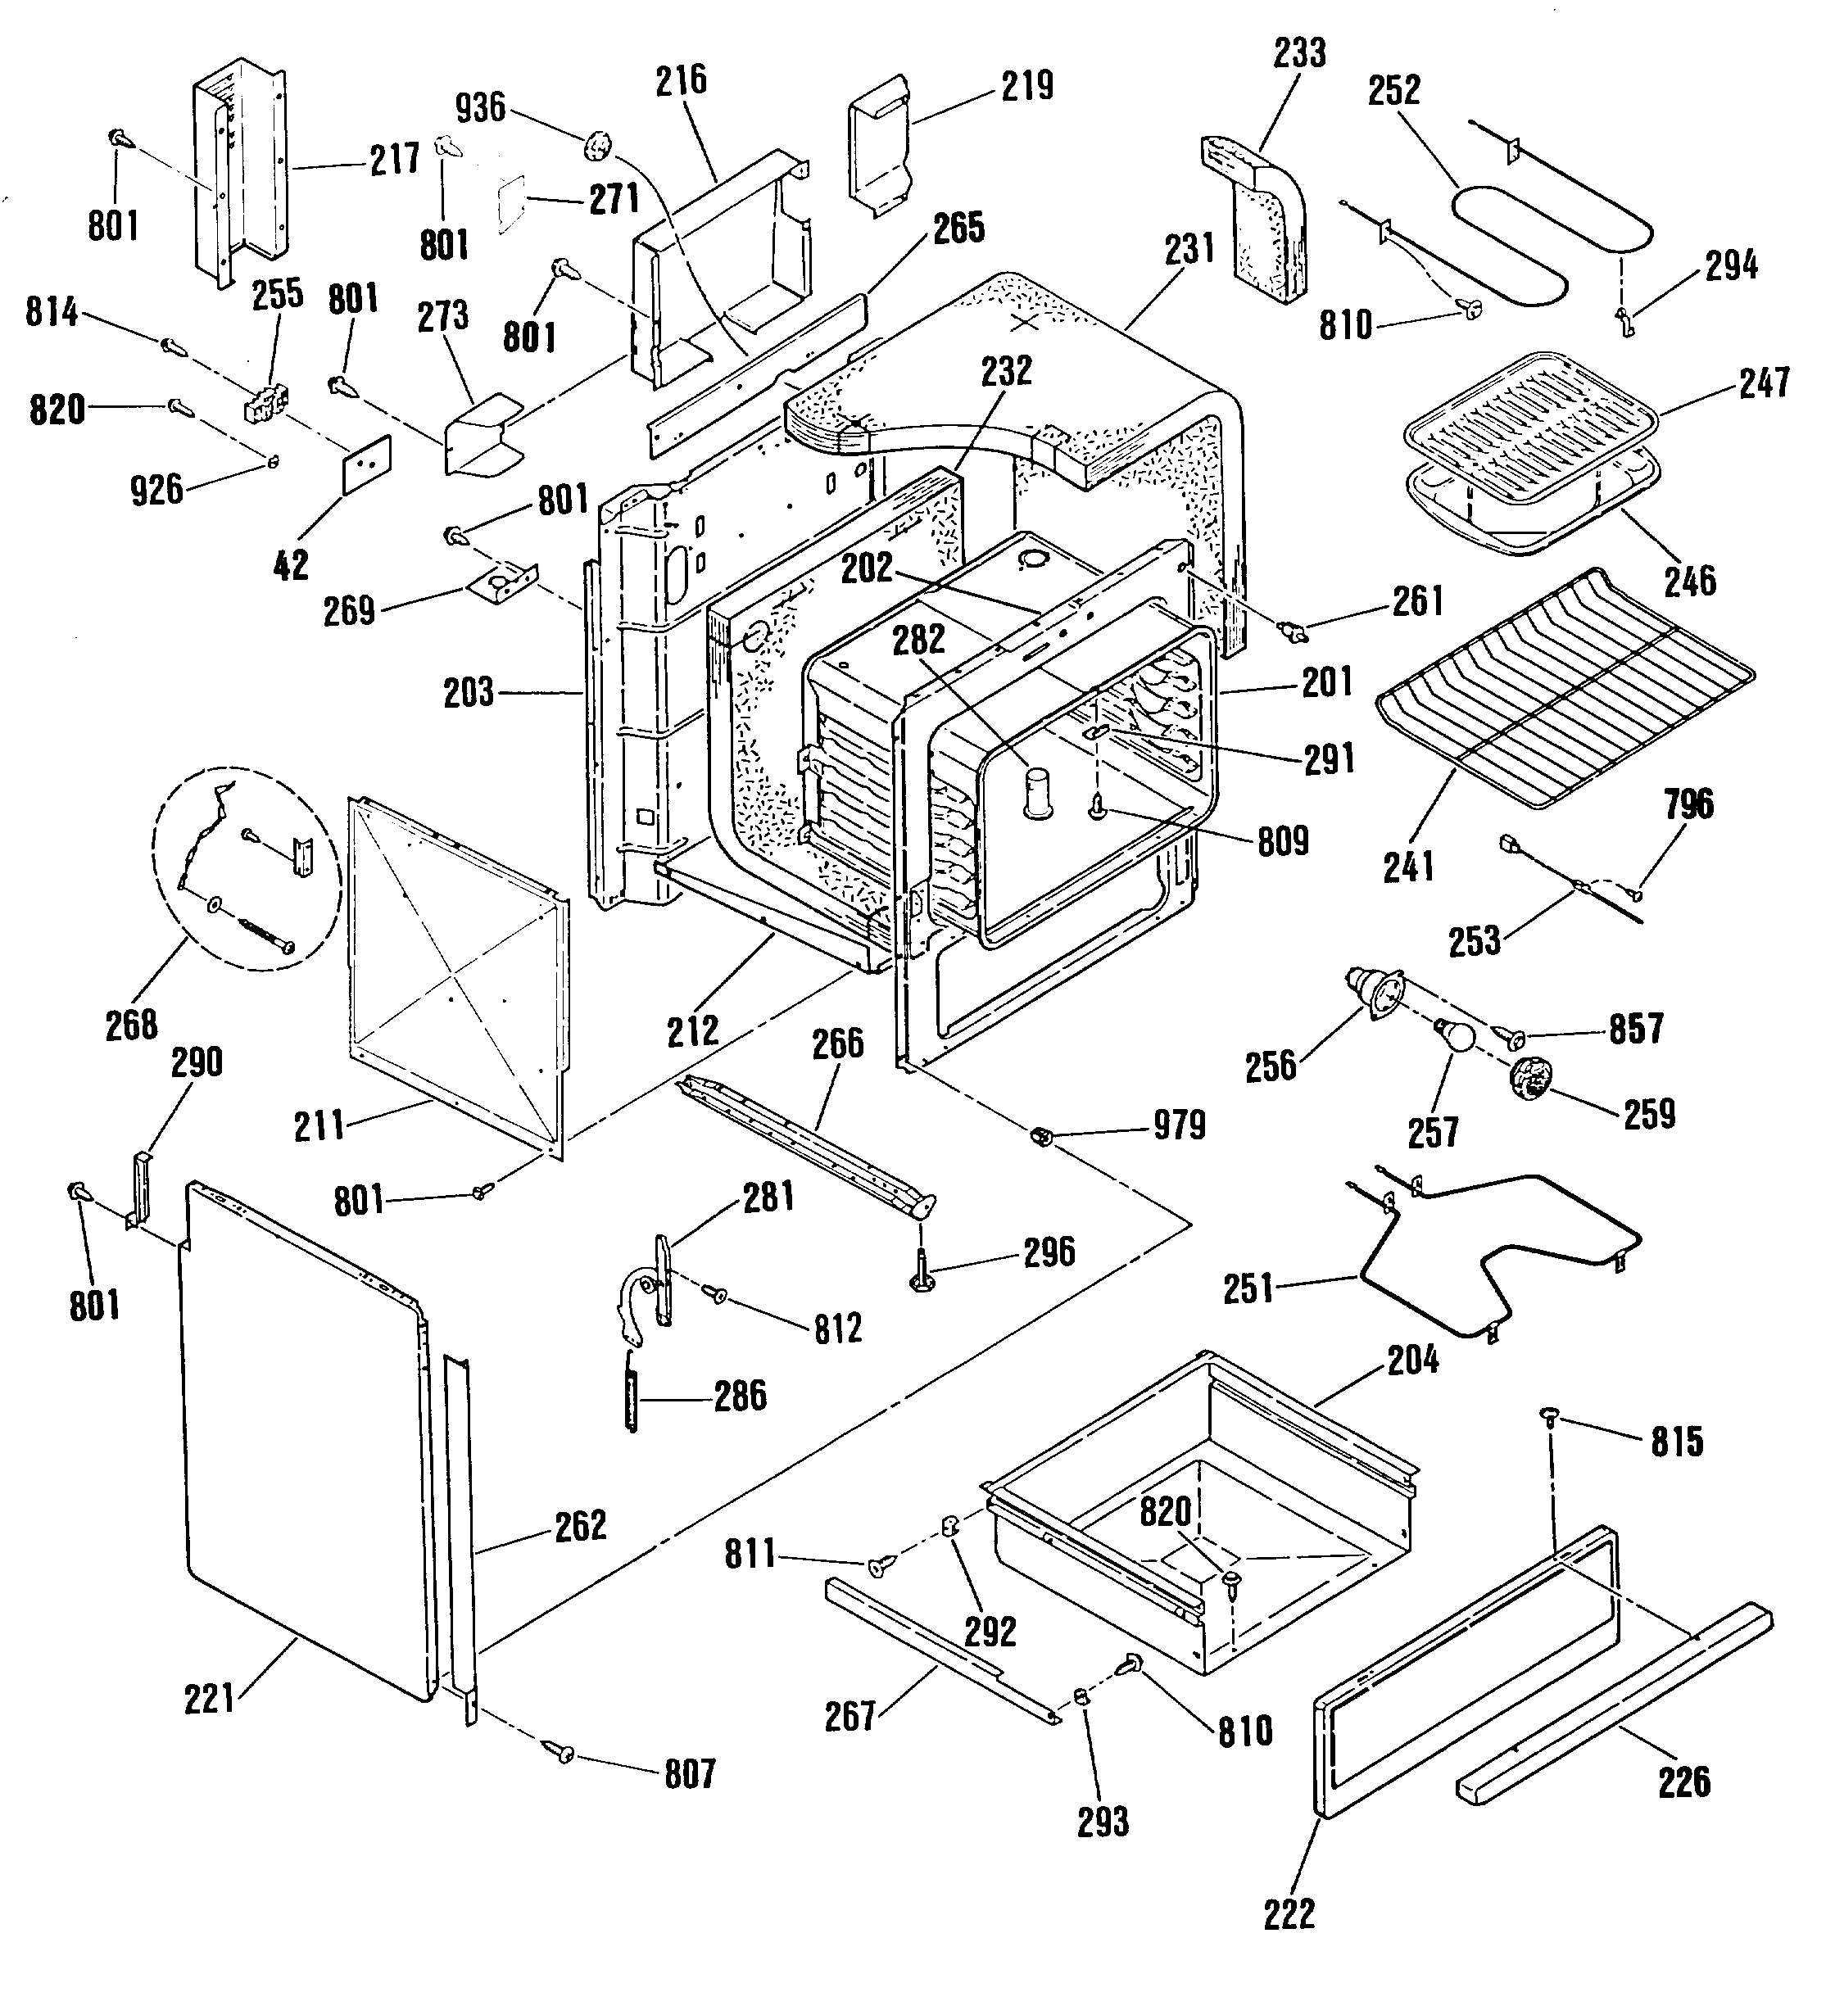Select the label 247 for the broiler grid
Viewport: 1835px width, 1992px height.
[1765, 383]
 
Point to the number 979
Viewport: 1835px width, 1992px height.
[1179, 1125]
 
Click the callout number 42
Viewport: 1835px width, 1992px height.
[290, 565]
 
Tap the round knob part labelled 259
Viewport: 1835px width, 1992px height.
[1531, 1076]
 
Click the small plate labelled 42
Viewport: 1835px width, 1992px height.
[367, 463]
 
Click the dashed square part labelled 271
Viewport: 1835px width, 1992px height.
[510, 204]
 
